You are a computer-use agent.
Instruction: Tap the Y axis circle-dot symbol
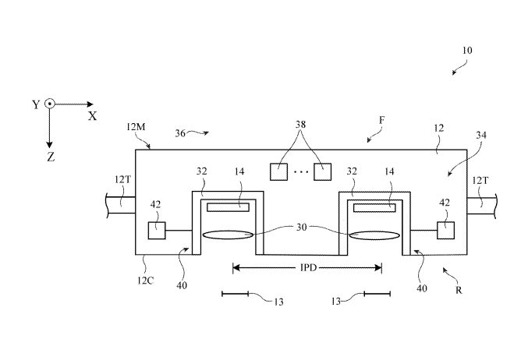tap(49, 104)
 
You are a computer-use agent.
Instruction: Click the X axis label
tap(92, 115)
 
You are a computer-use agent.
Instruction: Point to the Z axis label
tap(50, 157)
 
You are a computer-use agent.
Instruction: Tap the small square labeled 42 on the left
tap(157, 230)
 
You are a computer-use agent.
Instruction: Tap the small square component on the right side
tap(446, 230)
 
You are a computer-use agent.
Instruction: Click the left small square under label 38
tap(279, 171)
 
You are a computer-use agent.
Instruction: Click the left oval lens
tap(227, 235)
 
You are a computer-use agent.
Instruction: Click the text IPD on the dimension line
tap(307, 267)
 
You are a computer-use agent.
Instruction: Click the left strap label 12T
tap(123, 179)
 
